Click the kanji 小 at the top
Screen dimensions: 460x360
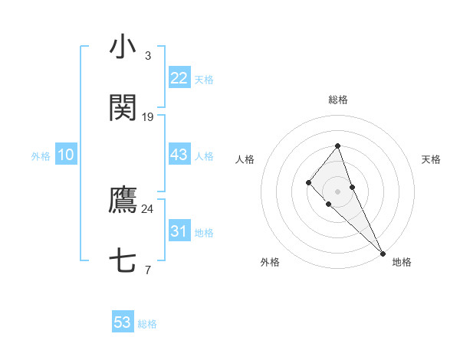[x=123, y=47]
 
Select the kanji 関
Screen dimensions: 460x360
[x=123, y=109]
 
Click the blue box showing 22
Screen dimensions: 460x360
[x=179, y=78]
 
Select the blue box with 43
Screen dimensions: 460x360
[x=179, y=155]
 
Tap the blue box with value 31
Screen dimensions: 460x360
[x=179, y=231]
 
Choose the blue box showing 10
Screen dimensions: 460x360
[x=66, y=155]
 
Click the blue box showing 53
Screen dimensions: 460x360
[x=123, y=322]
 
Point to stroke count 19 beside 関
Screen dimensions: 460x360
[x=148, y=117]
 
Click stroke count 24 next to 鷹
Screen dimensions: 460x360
[x=147, y=208]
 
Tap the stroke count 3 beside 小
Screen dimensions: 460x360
[x=148, y=55]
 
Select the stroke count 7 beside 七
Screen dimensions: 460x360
[x=148, y=270]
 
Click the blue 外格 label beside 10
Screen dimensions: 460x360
[x=41, y=155]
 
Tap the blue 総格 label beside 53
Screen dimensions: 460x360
[x=147, y=323]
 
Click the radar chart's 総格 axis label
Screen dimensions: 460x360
[x=337, y=100]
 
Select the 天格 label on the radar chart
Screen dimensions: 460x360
[x=431, y=159]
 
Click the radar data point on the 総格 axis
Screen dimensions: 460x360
[x=337, y=146]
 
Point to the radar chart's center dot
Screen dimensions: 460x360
[x=337, y=191]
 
